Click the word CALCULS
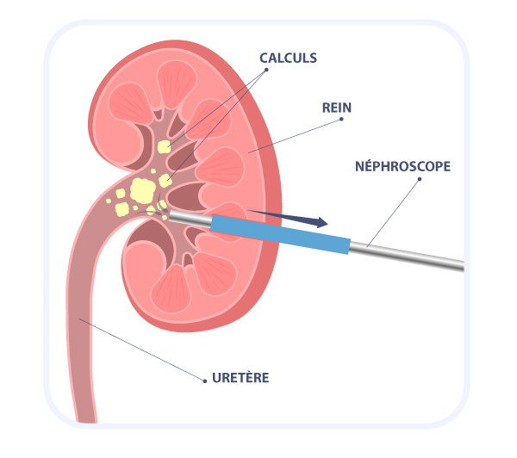click(x=289, y=58)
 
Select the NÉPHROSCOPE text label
click(x=402, y=165)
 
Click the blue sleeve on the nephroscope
click(x=280, y=235)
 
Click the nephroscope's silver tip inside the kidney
click(x=185, y=219)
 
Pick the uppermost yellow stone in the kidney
click(x=163, y=147)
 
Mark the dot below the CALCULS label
click(x=266, y=70)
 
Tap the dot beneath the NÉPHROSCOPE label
click(x=420, y=179)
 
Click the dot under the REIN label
click(x=344, y=120)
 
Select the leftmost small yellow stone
click(x=109, y=201)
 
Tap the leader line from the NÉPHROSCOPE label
click(x=392, y=214)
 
